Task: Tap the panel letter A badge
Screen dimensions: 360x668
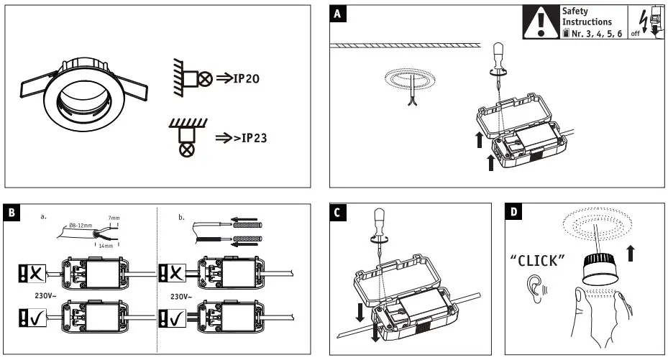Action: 339,14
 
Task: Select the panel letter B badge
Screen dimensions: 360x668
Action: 14,213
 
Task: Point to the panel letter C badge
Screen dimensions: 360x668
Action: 339,213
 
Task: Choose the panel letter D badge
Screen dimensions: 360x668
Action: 514,213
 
